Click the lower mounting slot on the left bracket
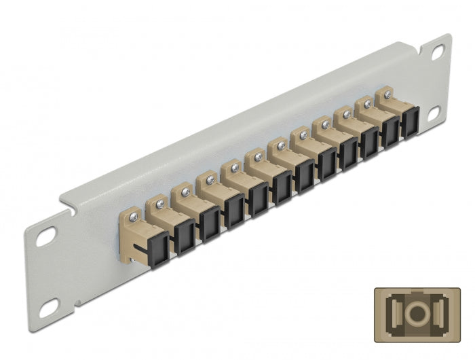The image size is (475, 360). [x=50, y=310]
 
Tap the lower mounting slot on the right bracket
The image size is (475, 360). [x=432, y=113]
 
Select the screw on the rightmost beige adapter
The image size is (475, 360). [x=387, y=94]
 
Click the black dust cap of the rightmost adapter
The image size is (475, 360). [x=409, y=124]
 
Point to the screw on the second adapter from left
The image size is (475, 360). [x=161, y=203]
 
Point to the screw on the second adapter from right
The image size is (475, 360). [x=367, y=105]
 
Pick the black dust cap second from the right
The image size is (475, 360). [x=390, y=133]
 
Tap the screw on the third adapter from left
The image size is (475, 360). [x=185, y=192]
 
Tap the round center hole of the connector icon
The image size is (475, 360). [x=415, y=312]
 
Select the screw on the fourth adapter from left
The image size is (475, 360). [x=210, y=179]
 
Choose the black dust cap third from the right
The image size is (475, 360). [x=369, y=144]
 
